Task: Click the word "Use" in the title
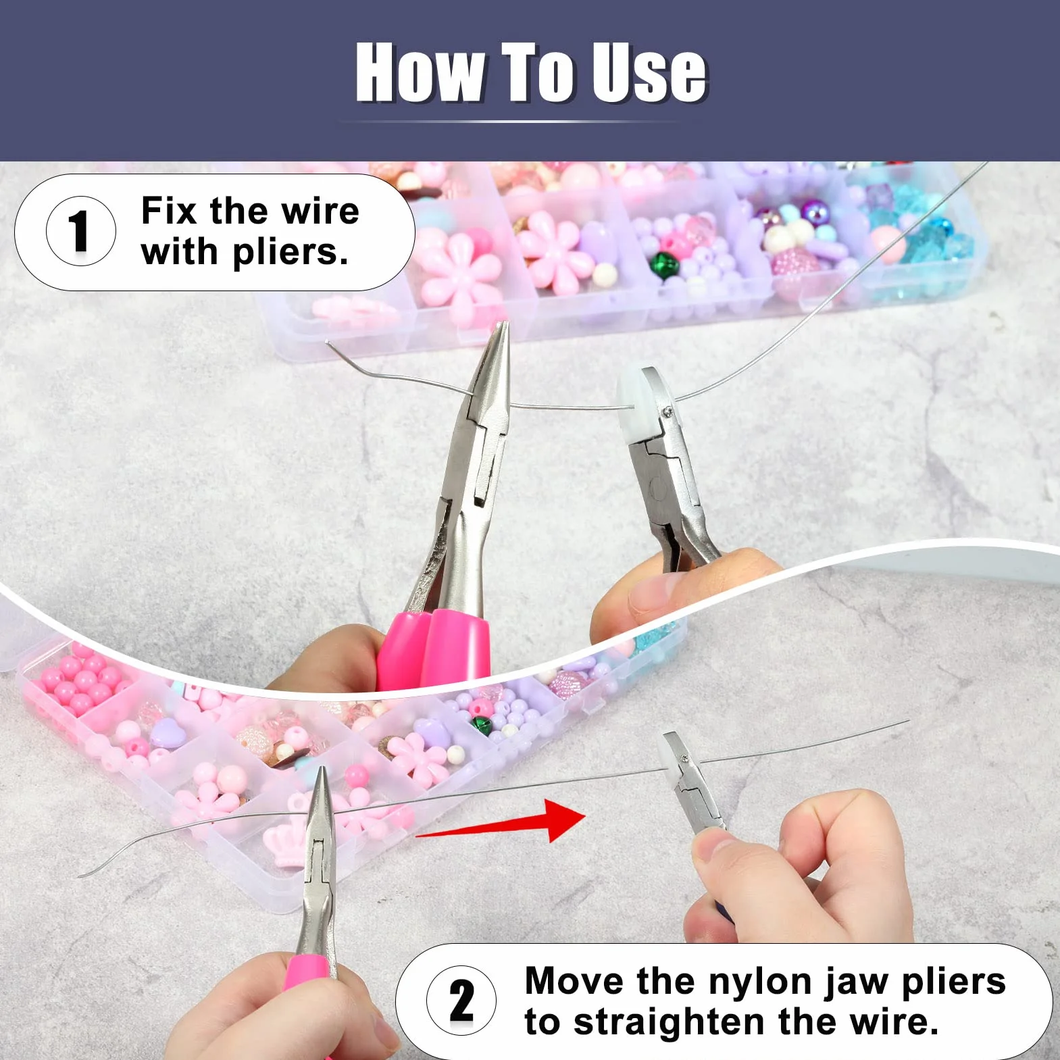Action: [650, 72]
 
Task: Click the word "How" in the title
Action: [420, 72]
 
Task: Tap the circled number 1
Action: [80, 231]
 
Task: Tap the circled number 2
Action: [461, 1000]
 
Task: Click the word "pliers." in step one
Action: [291, 253]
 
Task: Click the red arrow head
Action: [565, 820]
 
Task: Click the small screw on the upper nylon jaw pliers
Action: [668, 411]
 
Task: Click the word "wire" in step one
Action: [320, 211]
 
